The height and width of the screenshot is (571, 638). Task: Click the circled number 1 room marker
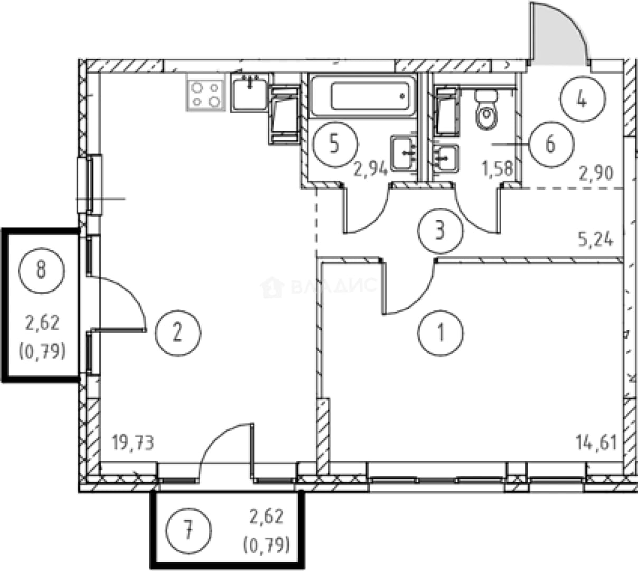click(440, 333)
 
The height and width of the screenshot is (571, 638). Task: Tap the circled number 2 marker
click(178, 333)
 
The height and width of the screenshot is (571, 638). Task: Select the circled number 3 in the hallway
click(440, 231)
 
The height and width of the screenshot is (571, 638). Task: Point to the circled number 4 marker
click(583, 99)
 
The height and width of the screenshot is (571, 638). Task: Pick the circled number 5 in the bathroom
click(335, 144)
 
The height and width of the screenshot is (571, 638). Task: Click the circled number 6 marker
click(551, 144)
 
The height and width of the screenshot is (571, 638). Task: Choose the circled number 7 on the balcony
click(189, 531)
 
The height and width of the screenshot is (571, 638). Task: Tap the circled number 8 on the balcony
click(42, 271)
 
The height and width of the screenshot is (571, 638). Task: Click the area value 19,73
click(133, 443)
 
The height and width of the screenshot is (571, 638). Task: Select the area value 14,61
click(596, 443)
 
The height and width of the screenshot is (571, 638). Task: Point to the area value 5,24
click(596, 239)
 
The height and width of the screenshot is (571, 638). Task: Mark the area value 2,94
click(371, 170)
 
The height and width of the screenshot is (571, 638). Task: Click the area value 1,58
click(498, 169)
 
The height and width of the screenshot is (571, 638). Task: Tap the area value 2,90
click(596, 173)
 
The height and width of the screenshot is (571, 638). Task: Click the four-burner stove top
click(205, 93)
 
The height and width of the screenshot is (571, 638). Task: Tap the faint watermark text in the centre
click(318, 287)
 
